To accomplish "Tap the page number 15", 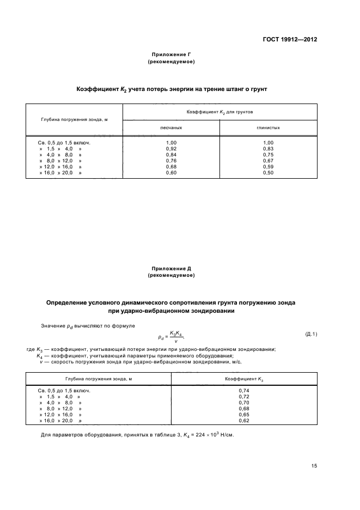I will (314, 466).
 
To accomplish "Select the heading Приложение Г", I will (171, 54).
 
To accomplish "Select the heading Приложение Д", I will (171, 269).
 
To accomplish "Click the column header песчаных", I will (171, 127).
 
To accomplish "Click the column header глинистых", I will (268, 127).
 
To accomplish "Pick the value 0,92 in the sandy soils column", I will (171, 148).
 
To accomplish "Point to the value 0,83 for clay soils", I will (268, 148).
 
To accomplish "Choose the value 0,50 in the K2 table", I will (268, 173).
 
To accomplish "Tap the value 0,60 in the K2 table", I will (171, 173).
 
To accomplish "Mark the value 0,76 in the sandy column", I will (171, 161).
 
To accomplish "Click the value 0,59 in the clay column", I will (268, 167).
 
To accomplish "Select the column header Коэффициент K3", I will (244, 378).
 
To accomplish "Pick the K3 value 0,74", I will (244, 391).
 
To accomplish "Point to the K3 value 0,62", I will (244, 421).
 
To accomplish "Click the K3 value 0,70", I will (244, 403).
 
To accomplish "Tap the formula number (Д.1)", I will (311, 333).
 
